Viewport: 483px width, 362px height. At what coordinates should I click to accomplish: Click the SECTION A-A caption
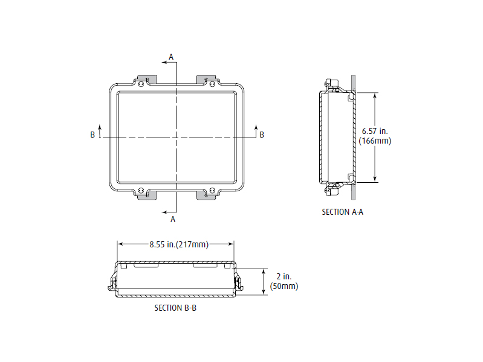[343, 212]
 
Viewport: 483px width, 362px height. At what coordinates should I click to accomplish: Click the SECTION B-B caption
[175, 308]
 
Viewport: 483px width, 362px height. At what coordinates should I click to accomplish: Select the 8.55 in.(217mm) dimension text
[179, 244]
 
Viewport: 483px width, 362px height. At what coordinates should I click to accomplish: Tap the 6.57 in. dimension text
[375, 131]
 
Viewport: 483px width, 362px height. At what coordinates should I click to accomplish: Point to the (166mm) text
[375, 141]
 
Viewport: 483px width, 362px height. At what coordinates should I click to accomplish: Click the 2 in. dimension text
[284, 276]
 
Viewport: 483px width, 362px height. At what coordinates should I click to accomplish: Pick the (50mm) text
[284, 286]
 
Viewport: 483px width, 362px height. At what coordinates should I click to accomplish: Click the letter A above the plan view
[171, 57]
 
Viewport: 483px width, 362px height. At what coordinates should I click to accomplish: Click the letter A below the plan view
[173, 219]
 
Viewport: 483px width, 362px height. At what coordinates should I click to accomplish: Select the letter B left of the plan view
[92, 135]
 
